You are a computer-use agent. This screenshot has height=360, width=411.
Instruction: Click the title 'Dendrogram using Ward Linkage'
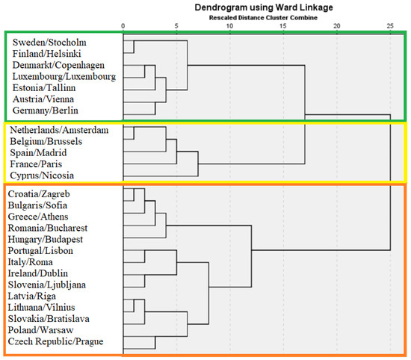(264, 7)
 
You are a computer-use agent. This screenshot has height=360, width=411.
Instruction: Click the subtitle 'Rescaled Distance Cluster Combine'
(263, 18)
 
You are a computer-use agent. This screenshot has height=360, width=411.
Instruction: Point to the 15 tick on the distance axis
(283, 26)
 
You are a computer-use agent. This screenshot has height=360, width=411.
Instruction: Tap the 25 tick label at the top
(390, 26)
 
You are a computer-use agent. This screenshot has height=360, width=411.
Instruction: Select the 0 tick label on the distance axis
(123, 26)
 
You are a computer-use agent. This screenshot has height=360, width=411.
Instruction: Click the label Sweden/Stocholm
(49, 42)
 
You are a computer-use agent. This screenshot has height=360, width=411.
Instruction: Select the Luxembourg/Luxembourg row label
(64, 76)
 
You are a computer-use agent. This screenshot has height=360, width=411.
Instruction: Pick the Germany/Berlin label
(46, 111)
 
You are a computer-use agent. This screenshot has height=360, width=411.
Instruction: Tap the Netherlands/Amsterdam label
(59, 130)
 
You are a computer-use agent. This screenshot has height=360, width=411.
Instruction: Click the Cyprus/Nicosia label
(42, 176)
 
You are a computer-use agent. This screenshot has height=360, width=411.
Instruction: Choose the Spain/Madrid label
(38, 153)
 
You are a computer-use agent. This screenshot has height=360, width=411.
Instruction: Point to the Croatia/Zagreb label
(39, 194)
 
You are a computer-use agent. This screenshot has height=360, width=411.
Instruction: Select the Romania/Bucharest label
(48, 228)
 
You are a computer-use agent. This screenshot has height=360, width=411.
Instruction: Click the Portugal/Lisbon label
(40, 251)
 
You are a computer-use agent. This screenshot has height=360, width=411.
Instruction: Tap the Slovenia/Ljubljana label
(46, 285)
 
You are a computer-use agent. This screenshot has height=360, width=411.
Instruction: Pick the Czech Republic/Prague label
(55, 341)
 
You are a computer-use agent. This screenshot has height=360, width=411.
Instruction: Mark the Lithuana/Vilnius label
(41, 307)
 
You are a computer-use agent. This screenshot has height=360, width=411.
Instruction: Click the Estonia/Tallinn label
(44, 88)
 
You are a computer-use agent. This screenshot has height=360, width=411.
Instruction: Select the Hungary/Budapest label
(46, 240)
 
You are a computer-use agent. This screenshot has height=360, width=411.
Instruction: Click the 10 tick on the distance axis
(229, 26)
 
